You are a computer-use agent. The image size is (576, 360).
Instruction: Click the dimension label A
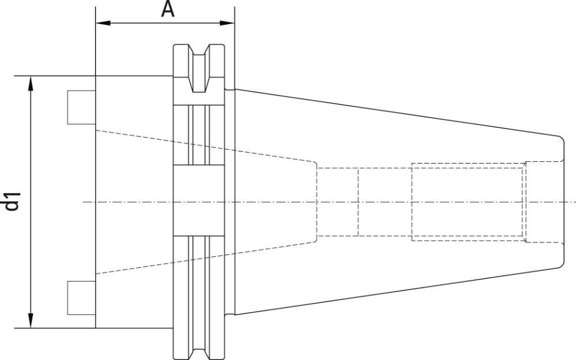click(x=168, y=9)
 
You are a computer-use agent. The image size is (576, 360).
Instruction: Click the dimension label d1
click(x=12, y=201)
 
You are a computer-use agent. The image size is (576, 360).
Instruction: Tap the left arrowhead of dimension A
click(x=100, y=24)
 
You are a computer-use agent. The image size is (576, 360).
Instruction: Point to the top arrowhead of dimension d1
click(x=31, y=81)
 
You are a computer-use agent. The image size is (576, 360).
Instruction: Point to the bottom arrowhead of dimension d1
click(x=31, y=323)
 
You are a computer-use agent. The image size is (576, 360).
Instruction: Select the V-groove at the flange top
click(x=199, y=69)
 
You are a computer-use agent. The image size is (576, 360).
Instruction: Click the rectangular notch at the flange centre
click(x=199, y=201)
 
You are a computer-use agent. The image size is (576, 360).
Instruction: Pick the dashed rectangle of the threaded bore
click(x=468, y=201)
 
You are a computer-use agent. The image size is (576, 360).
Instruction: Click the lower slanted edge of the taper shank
click(x=397, y=290)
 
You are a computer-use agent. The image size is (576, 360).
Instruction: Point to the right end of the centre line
click(x=574, y=202)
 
